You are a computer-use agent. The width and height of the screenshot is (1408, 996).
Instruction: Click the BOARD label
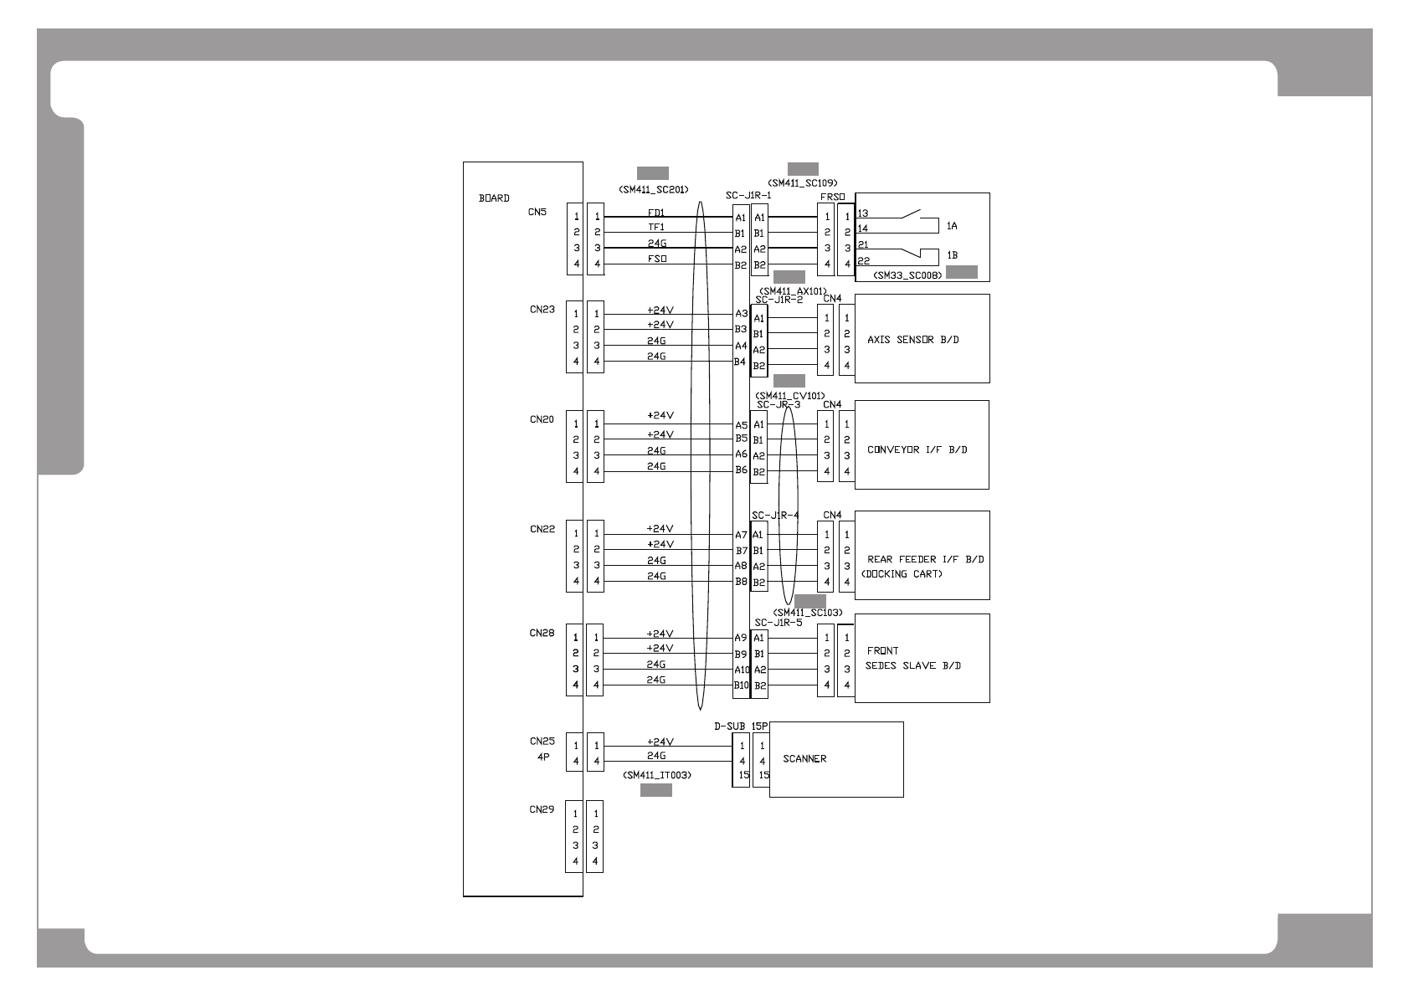tap(493, 198)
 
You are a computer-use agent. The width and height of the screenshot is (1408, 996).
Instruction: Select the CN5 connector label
tap(537, 212)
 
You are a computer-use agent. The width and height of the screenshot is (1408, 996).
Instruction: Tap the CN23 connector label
tap(542, 309)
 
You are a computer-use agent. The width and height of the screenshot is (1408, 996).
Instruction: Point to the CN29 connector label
tap(542, 809)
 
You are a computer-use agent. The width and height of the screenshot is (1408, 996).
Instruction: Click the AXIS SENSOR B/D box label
tap(912, 340)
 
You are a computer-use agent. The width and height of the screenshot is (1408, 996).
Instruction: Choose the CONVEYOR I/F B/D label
tap(917, 449)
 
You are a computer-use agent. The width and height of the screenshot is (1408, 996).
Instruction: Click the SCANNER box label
tap(804, 759)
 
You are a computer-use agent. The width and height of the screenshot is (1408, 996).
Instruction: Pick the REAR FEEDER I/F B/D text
tap(925, 559)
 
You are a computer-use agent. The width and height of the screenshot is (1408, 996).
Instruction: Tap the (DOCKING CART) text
tap(901, 574)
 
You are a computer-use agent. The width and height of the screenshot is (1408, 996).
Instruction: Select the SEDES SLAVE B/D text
tap(912, 666)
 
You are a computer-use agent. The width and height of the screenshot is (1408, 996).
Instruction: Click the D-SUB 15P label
tap(741, 726)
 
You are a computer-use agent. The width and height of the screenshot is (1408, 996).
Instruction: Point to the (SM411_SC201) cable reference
tap(653, 189)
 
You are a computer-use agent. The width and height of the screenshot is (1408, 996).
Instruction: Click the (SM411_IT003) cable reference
tap(656, 775)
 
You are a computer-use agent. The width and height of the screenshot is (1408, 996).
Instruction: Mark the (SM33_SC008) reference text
tap(907, 275)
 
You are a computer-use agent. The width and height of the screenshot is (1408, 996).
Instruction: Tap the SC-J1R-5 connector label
tap(778, 623)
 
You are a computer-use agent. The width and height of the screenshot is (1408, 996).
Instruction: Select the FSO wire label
tap(656, 259)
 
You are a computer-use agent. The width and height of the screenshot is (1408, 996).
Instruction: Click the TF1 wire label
tap(656, 227)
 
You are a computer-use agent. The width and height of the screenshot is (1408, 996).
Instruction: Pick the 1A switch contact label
tap(952, 226)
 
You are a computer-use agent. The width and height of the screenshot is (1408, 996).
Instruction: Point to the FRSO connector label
tap(832, 198)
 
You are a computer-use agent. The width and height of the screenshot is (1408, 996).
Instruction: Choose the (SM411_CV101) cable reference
tap(789, 396)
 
